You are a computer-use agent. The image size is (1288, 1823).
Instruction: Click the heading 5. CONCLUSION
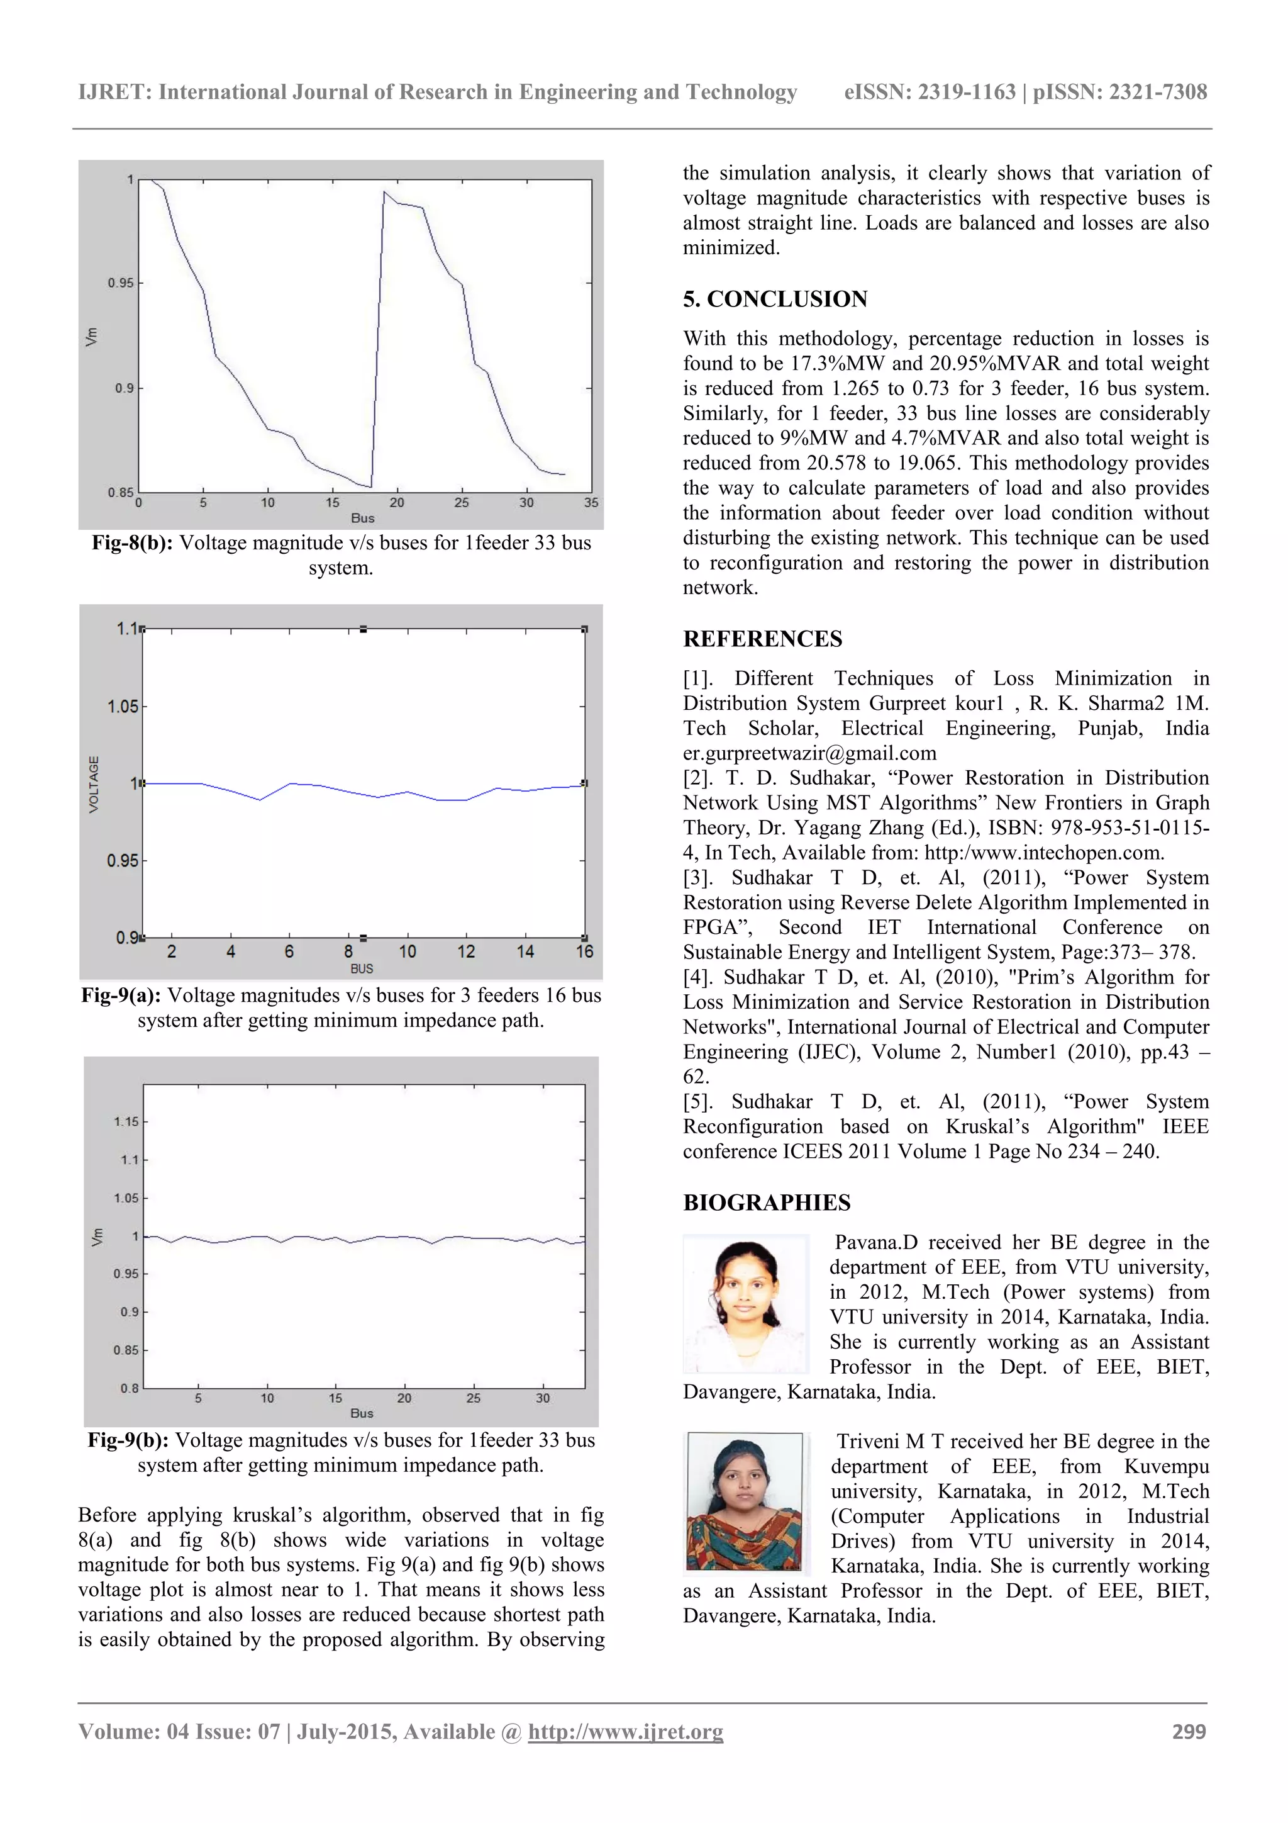[775, 300]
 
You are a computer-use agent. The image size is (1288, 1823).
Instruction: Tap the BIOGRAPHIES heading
[766, 1203]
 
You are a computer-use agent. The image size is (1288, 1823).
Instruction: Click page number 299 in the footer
[1188, 1732]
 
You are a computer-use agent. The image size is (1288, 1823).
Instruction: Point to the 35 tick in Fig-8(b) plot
[591, 503]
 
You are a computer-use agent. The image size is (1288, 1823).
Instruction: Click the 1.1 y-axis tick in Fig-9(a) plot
[125, 629]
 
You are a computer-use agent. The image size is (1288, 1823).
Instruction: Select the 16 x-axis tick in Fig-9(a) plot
[584, 951]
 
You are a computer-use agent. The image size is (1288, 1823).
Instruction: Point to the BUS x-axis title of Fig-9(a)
[361, 968]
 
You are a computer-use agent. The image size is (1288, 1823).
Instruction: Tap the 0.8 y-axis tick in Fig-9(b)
[130, 1389]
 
